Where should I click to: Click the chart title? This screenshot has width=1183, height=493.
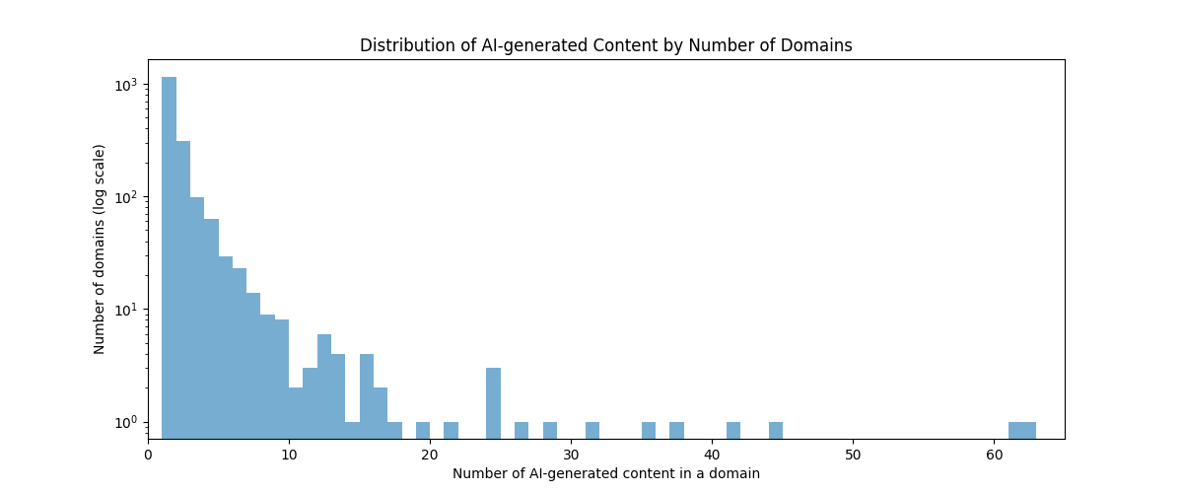click(x=605, y=45)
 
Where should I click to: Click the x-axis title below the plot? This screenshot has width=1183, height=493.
click(x=605, y=473)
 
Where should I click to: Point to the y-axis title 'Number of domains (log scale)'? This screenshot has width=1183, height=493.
click(x=99, y=249)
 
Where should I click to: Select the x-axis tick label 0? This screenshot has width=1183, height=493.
click(x=148, y=456)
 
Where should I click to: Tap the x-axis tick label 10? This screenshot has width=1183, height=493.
click(x=289, y=456)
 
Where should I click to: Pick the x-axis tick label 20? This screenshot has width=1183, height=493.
click(x=430, y=456)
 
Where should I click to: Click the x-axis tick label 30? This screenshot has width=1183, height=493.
click(x=571, y=456)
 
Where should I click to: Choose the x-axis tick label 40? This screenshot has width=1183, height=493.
click(x=712, y=456)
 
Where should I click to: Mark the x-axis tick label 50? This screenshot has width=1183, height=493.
click(x=853, y=456)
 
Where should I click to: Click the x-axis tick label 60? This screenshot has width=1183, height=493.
click(x=994, y=456)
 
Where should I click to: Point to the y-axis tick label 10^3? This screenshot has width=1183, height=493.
click(x=126, y=85)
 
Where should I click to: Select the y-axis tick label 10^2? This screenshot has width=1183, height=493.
click(x=126, y=197)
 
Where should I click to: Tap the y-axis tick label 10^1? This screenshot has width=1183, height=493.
click(x=126, y=310)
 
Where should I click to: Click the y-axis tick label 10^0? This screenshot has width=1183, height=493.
click(x=126, y=422)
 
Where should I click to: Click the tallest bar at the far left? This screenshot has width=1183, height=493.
click(x=169, y=258)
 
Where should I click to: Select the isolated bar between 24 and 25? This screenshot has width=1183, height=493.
click(x=493, y=403)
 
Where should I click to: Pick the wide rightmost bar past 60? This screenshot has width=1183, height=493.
click(x=1022, y=431)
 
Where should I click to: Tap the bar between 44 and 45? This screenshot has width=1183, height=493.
click(x=775, y=431)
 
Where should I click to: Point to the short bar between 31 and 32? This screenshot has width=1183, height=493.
click(x=592, y=431)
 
